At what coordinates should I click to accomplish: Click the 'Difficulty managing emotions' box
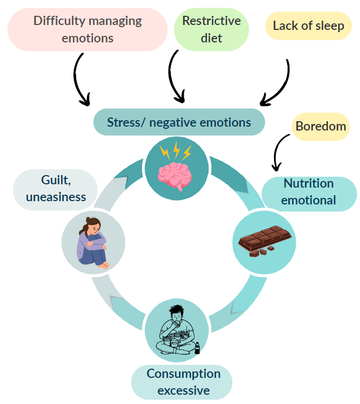88,29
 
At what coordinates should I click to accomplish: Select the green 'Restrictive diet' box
211,29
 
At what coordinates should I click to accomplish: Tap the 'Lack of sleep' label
308,26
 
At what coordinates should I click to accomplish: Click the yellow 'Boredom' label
321,126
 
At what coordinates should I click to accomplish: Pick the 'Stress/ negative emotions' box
179,122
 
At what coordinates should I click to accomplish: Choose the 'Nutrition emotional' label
308,192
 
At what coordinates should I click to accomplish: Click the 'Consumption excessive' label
183,382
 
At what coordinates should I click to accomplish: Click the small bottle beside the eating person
197,348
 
